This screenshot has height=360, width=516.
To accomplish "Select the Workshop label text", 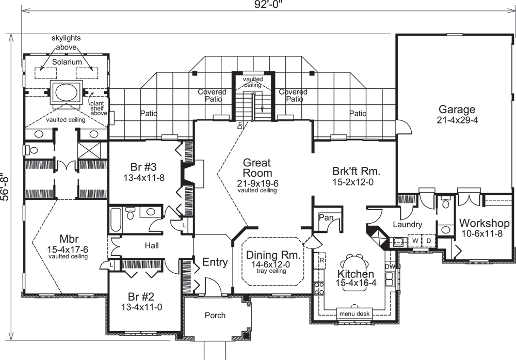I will pos(485,224).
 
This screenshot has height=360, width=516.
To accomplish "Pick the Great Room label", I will pos(257,168).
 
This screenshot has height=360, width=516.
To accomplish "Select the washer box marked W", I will pos(414,241).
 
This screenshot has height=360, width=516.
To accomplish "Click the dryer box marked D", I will pos(428,241).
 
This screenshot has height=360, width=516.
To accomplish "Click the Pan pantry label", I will pos(326,218).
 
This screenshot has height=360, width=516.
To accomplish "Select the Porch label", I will pos(215,315).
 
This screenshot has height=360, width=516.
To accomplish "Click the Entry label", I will pos(215,262).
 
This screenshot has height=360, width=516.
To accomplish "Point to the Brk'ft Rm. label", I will pos(357,171).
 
